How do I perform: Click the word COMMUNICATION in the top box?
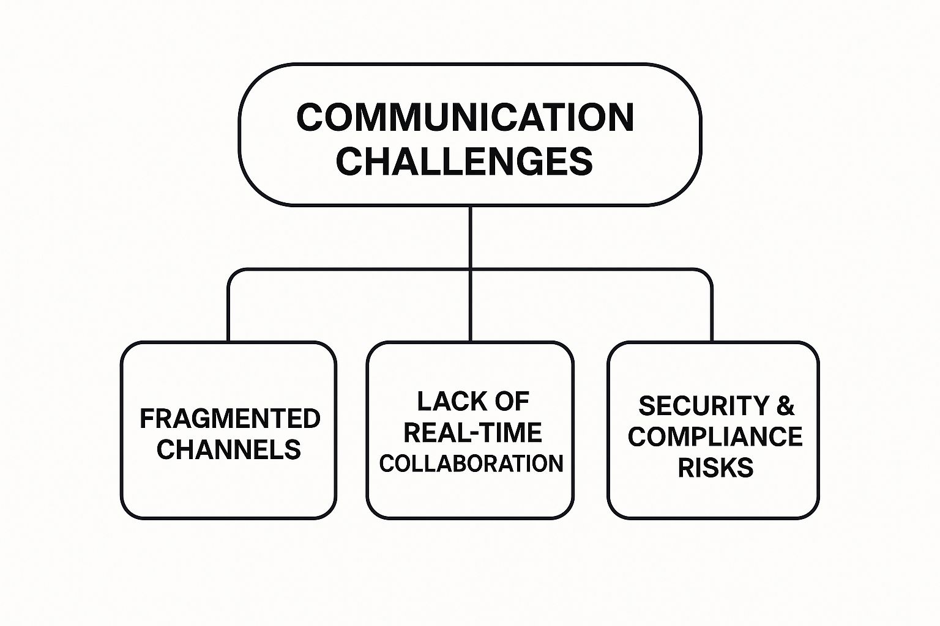click(465, 117)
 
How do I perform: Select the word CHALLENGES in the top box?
click(464, 161)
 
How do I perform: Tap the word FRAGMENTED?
click(230, 419)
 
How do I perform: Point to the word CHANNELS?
click(228, 450)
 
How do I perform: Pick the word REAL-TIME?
click(472, 433)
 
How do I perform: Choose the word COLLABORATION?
click(471, 463)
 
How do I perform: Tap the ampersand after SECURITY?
click(786, 406)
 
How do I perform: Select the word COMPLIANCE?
click(715, 436)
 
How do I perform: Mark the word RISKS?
click(715, 468)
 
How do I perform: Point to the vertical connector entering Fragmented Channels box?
click(228, 312)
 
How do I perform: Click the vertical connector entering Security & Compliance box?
click(712, 312)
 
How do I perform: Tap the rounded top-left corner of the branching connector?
click(233, 273)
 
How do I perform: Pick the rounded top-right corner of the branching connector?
click(707, 273)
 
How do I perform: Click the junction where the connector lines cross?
click(470, 269)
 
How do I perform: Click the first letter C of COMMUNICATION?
click(309, 117)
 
